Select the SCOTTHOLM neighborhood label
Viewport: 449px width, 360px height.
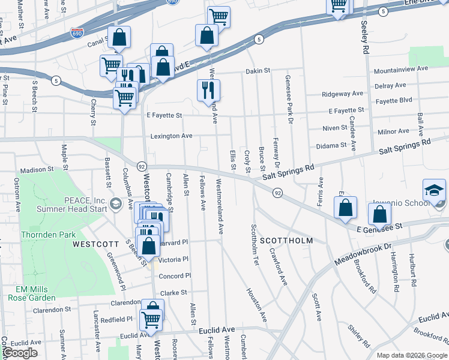287,241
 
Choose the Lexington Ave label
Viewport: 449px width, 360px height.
171,136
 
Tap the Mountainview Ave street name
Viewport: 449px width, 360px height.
400,69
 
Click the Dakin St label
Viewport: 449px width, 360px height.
259,71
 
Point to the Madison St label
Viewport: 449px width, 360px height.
37,170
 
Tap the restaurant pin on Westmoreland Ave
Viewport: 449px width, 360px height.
208,90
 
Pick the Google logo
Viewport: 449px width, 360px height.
20,353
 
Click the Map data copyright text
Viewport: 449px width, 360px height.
412,355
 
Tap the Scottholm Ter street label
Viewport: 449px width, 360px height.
255,245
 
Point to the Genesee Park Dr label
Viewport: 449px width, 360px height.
289,95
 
